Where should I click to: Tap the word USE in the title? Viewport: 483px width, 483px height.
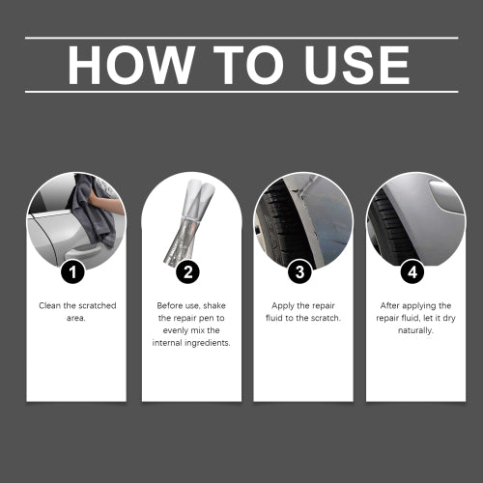pyautogui.click(x=356, y=65)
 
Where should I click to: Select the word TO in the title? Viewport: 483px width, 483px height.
pyautogui.click(x=248, y=65)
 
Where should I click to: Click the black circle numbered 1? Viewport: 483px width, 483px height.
pyautogui.click(x=73, y=272)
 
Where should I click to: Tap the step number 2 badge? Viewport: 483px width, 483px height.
pyautogui.click(x=188, y=272)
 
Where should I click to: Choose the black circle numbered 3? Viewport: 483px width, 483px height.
pyautogui.click(x=299, y=272)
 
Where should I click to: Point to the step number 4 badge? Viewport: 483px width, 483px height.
pyautogui.click(x=412, y=272)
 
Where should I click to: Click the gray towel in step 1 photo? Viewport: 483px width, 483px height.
pyautogui.click(x=95, y=213)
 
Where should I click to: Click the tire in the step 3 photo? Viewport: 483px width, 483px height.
pyautogui.click(x=280, y=225)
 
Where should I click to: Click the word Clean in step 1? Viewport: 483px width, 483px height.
pyautogui.click(x=50, y=305)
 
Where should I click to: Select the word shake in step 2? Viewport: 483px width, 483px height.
pyautogui.click(x=214, y=305)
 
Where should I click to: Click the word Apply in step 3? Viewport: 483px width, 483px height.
pyautogui.click(x=283, y=306)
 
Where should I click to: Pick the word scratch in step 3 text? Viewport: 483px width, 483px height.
pyautogui.click(x=326, y=318)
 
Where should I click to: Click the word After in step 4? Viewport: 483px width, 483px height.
pyautogui.click(x=390, y=305)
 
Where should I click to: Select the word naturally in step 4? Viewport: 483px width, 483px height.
pyautogui.click(x=415, y=330)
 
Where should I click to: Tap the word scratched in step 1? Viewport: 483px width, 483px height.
pyautogui.click(x=98, y=305)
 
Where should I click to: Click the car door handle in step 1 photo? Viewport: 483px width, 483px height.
pyautogui.click(x=84, y=253)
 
